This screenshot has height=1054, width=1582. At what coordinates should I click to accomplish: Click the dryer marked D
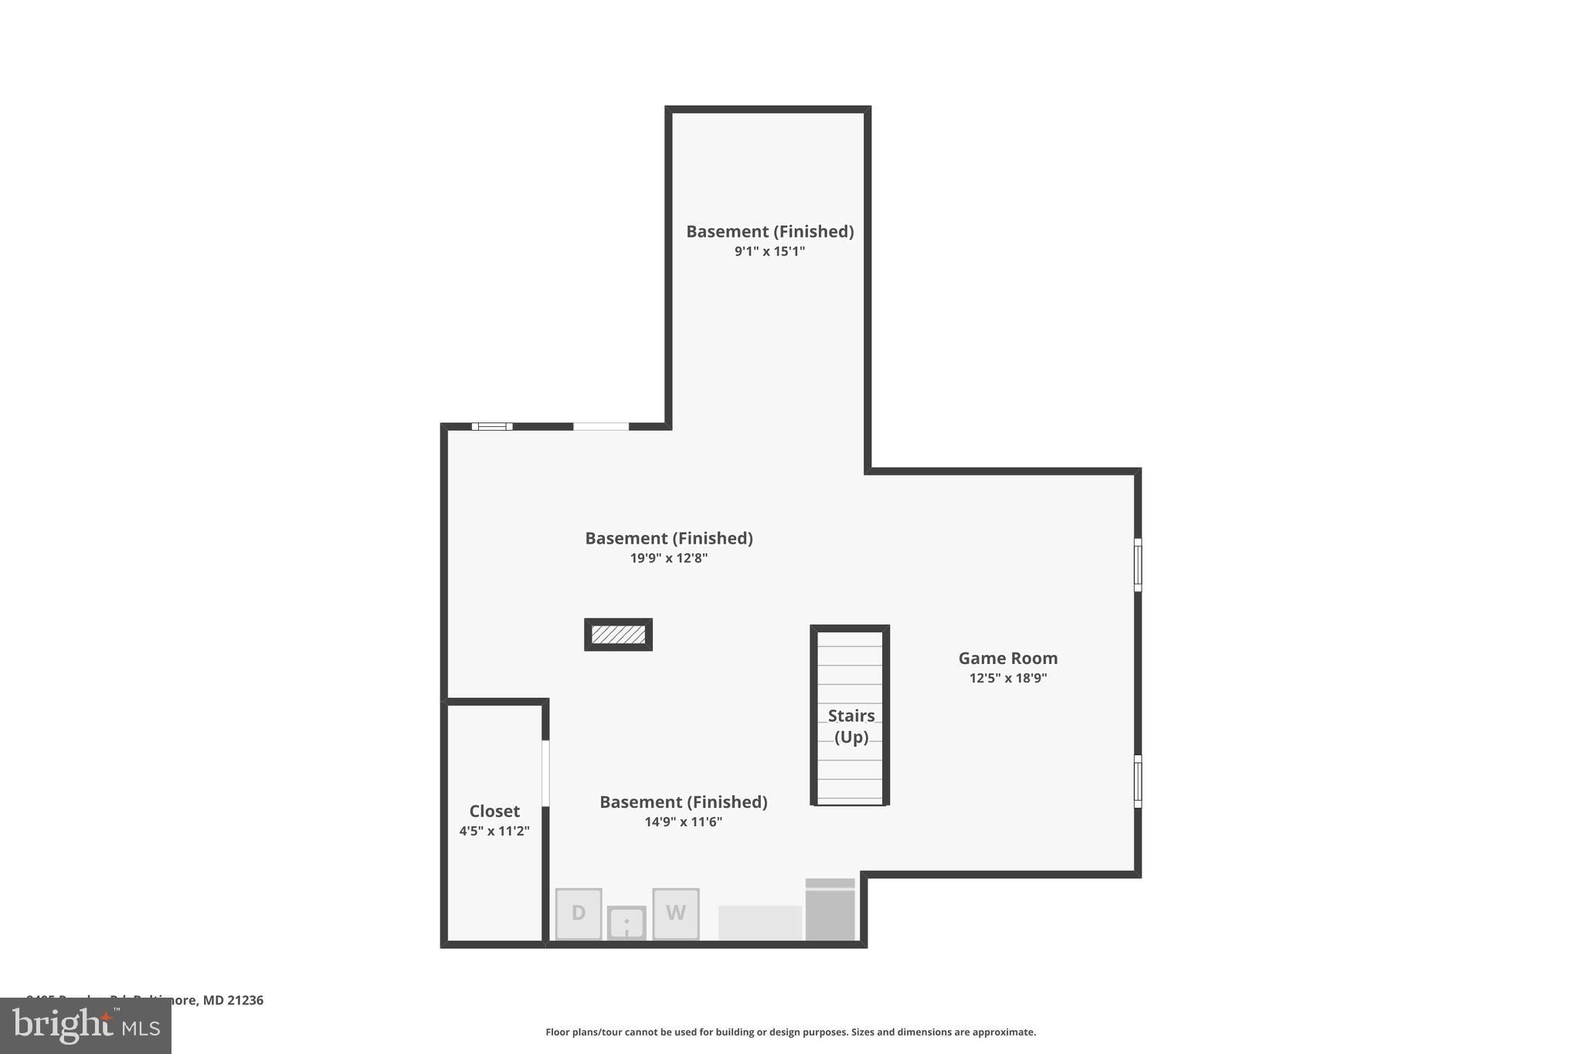tap(578, 913)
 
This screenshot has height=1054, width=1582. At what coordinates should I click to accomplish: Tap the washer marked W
tap(675, 913)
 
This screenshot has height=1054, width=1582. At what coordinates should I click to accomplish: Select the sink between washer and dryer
tap(626, 922)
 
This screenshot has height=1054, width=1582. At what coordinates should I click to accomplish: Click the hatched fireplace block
tap(618, 635)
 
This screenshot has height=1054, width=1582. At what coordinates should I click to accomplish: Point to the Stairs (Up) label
tap(850, 726)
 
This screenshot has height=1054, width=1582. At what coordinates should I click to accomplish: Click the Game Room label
tap(1007, 658)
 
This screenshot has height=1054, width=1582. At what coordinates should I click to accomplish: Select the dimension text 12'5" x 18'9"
tap(1007, 678)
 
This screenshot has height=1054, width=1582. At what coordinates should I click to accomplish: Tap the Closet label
tap(494, 811)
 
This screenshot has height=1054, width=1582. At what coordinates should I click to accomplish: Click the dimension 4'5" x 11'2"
tap(494, 831)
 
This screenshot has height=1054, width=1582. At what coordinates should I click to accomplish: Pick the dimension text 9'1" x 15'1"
tap(769, 251)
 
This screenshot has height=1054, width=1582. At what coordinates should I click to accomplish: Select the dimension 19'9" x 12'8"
tap(668, 558)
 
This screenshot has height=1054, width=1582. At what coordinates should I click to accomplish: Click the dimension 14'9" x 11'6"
tap(683, 822)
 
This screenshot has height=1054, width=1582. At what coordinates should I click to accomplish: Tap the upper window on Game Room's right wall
tap(1137, 564)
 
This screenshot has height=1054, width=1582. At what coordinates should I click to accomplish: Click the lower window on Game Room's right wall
tap(1137, 781)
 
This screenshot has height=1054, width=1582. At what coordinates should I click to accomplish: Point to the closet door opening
tap(545, 773)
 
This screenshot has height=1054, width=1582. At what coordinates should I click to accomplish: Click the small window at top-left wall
tap(492, 426)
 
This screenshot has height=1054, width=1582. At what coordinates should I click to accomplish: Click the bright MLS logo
tap(86, 1026)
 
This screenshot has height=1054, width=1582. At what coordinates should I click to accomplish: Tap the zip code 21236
tap(245, 1000)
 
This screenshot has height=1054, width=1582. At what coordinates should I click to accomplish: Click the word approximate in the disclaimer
tap(1003, 1032)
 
